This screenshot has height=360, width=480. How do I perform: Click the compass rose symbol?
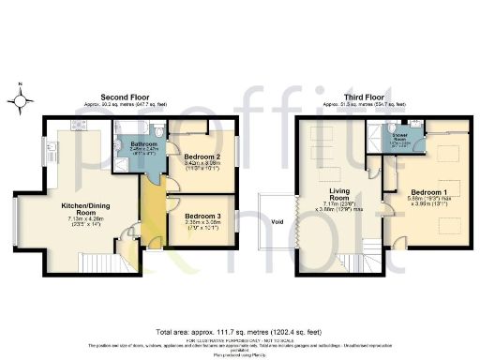click(x=21, y=97)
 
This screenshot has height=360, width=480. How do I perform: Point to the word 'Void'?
click(x=277, y=222)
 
